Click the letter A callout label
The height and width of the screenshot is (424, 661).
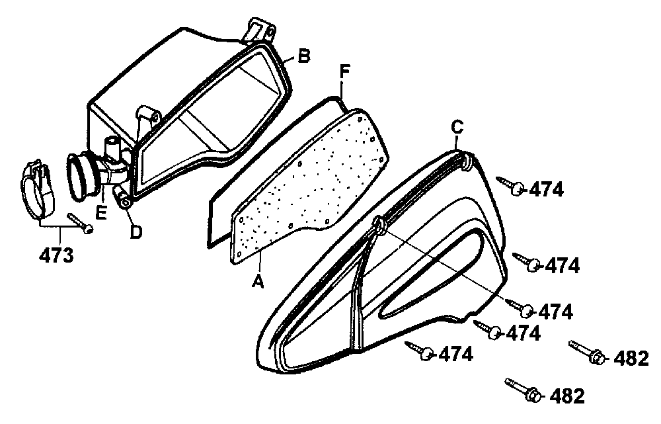258,280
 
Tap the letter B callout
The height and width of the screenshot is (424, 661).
303,56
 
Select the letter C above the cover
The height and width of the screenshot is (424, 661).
457,126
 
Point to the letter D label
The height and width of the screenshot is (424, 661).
136,232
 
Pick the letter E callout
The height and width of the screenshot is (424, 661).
101,212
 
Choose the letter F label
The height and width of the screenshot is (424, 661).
344,71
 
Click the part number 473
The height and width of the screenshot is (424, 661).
56,255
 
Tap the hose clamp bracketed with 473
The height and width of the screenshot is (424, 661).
37,189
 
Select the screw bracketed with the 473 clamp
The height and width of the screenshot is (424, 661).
80,222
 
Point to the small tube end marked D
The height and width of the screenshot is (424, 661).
122,198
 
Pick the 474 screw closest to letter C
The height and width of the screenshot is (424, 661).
511,185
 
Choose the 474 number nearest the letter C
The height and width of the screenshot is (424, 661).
546,190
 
